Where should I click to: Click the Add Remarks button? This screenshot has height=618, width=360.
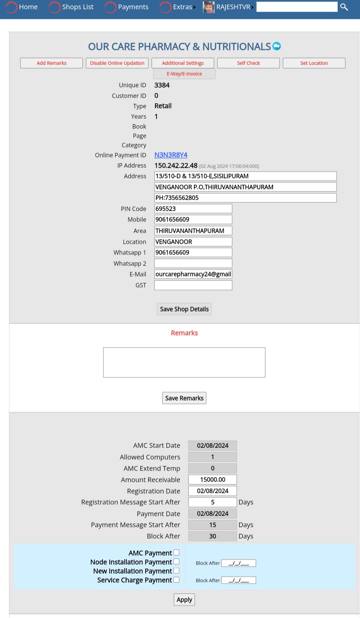pyautogui.click(x=51, y=63)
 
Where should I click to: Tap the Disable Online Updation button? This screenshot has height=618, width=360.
pyautogui.click(x=117, y=63)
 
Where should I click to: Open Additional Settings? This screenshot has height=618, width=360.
pyautogui.click(x=183, y=63)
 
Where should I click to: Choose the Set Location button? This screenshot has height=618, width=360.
pyautogui.click(x=314, y=63)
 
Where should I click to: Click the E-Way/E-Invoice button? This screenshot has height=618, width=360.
pyautogui.click(x=184, y=74)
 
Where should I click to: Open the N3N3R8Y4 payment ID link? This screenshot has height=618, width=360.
pyautogui.click(x=171, y=155)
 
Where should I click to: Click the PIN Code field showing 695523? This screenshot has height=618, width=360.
pyautogui.click(x=193, y=209)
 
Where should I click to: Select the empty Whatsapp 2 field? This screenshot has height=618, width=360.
pyautogui.click(x=193, y=263)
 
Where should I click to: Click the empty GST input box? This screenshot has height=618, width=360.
pyautogui.click(x=193, y=285)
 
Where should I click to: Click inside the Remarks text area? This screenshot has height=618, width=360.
pyautogui.click(x=184, y=362)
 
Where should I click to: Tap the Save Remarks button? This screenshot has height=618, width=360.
pyautogui.click(x=184, y=398)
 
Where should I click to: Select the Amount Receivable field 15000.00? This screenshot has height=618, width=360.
pyautogui.click(x=212, y=480)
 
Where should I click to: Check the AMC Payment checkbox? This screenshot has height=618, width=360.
pyautogui.click(x=176, y=553)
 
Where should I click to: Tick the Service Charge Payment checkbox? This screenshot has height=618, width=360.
pyautogui.click(x=176, y=580)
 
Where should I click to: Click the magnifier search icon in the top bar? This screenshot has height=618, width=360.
pyautogui.click(x=344, y=7)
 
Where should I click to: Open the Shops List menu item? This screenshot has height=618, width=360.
pyautogui.click(x=78, y=7)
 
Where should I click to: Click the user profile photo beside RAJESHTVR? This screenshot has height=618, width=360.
pyautogui.click(x=209, y=7)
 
